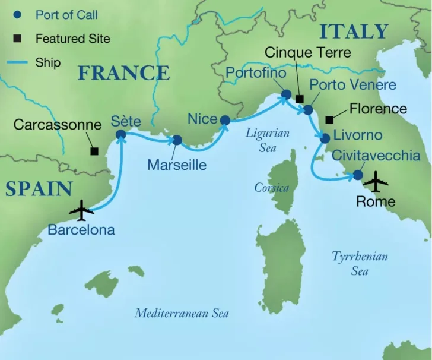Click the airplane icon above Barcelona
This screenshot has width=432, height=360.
(81, 210)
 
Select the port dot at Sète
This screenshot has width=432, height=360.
(121, 135)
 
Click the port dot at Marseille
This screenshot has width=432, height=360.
(176, 141)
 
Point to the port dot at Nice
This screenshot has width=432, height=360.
(225, 121)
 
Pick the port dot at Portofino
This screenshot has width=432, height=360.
(285, 94)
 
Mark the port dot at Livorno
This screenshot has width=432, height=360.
(325, 138)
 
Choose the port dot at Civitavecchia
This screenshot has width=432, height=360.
(358, 175)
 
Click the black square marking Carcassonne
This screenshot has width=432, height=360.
(94, 151)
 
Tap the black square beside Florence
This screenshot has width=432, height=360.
(329, 119)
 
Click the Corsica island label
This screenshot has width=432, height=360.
(271, 188)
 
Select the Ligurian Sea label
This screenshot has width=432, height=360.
(268, 140)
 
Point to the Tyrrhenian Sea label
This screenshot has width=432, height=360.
(360, 263)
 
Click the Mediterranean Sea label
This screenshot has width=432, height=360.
(182, 313)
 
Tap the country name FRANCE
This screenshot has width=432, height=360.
(124, 73)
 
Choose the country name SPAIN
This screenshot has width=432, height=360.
(39, 188)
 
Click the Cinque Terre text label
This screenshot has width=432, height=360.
(307, 52)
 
